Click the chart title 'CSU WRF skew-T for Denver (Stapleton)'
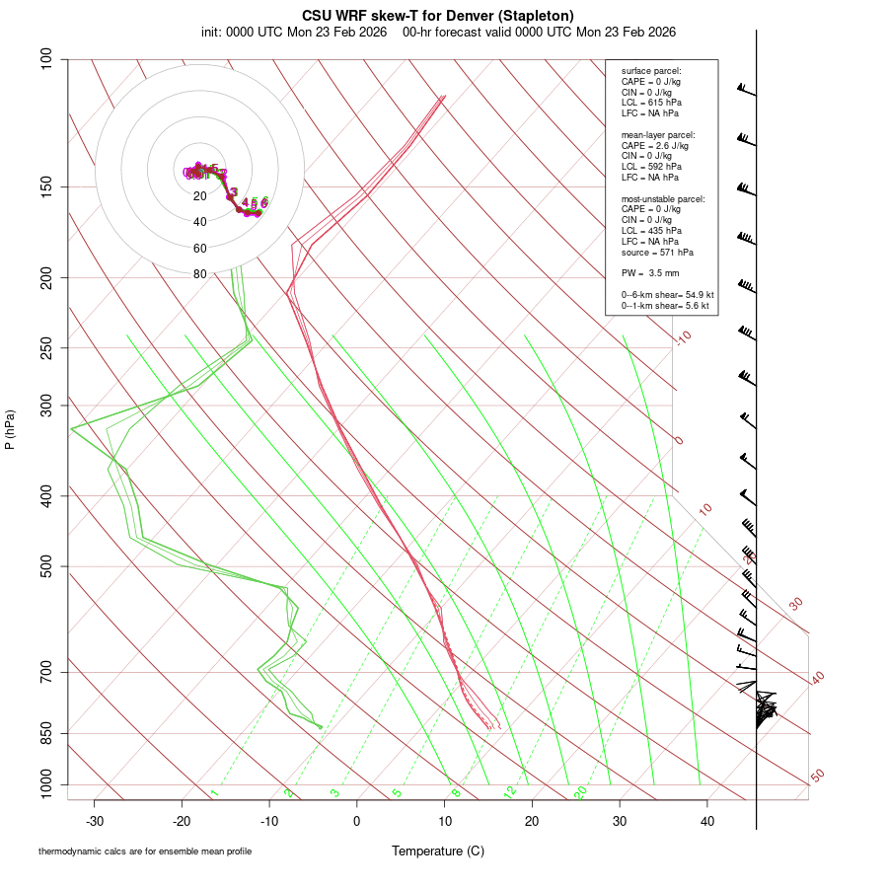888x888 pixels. point(438,15)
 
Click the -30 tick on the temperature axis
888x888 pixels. point(95,821)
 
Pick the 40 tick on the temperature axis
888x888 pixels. point(706,821)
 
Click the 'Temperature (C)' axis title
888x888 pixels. point(438,851)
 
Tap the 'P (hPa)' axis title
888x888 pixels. point(10,429)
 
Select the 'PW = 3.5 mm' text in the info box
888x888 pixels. point(650,272)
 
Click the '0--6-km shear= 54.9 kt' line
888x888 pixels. point(667,295)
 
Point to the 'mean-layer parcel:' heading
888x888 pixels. point(658,134)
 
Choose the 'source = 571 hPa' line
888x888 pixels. point(656,252)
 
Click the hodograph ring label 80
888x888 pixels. point(200,274)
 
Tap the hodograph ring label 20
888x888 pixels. point(200,196)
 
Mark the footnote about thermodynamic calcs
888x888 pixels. point(144,851)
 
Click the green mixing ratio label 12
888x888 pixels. point(509,792)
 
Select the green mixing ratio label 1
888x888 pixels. point(214,792)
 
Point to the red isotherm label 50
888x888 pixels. point(817,777)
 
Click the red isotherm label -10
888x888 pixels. point(683,337)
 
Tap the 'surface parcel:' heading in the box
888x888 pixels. point(651,71)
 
